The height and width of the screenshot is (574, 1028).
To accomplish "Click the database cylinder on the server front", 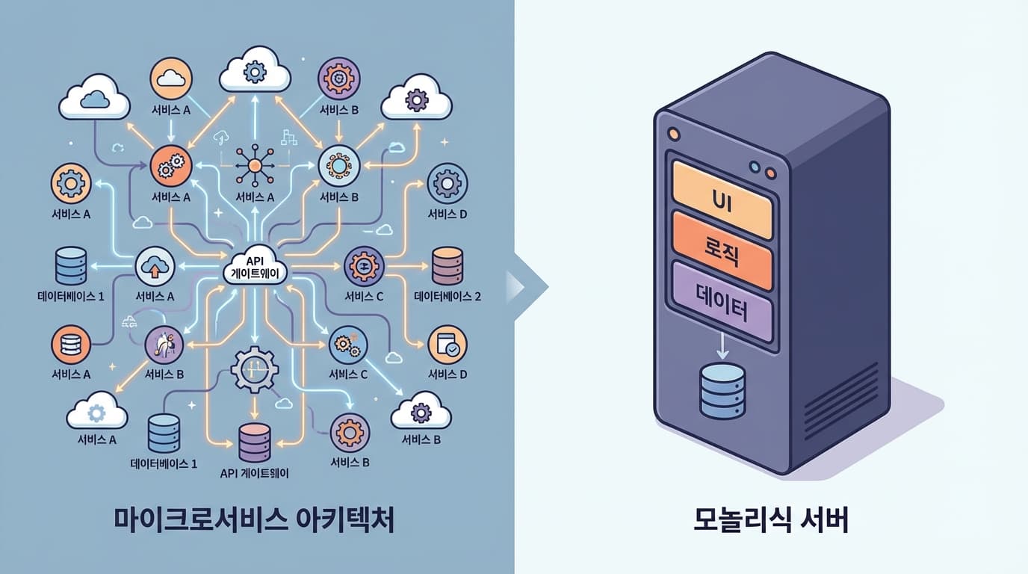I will pyautogui.click(x=722, y=390).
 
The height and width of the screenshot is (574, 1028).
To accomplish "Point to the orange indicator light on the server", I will pyautogui.click(x=674, y=134).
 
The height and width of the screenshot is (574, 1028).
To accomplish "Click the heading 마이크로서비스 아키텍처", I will pyautogui.click(x=254, y=520).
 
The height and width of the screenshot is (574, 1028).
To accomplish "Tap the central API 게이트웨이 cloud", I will pyautogui.click(x=256, y=267).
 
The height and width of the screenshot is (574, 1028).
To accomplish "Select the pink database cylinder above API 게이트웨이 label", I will pyautogui.click(x=255, y=442).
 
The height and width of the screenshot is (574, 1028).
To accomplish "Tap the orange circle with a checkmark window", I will pyautogui.click(x=448, y=345).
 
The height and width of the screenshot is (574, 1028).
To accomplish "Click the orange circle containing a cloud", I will pyautogui.click(x=172, y=78).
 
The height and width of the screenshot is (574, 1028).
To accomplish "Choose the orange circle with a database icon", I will pyautogui.click(x=71, y=345).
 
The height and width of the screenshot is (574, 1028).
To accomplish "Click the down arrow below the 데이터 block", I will pyautogui.click(x=722, y=345).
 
